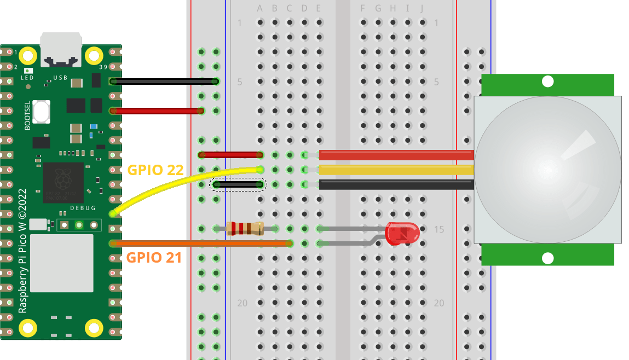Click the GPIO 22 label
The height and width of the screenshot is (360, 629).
(x=154, y=170)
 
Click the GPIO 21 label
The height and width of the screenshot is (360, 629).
(x=154, y=257)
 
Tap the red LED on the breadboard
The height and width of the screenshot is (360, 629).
(x=402, y=233)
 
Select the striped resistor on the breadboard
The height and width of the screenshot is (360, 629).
(x=245, y=229)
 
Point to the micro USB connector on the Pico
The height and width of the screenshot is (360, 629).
(x=61, y=46)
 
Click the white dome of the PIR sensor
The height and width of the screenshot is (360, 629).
(x=547, y=170)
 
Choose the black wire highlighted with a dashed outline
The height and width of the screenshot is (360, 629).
(x=238, y=185)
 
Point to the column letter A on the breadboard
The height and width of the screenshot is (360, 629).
(x=259, y=8)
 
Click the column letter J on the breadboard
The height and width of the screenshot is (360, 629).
(x=422, y=8)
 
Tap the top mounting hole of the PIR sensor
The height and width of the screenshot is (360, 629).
(x=547, y=82)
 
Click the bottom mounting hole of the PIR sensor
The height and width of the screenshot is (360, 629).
(x=547, y=258)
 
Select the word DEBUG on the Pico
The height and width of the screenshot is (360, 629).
(x=83, y=208)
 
